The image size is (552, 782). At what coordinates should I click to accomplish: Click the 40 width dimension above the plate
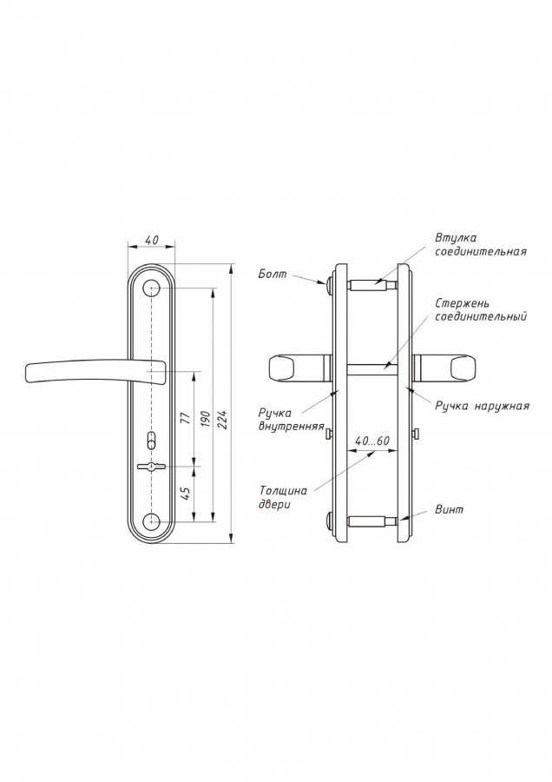(151, 240)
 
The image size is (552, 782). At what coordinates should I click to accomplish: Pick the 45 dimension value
(187, 494)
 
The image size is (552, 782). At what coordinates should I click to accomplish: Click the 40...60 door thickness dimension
(372, 441)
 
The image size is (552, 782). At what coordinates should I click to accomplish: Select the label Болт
(273, 275)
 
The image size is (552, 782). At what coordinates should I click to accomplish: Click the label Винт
(449, 509)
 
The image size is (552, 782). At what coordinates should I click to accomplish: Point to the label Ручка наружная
(483, 406)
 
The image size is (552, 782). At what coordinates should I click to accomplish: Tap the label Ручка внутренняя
(292, 420)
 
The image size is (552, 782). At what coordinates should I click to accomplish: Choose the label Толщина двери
(282, 497)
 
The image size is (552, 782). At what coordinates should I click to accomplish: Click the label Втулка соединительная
(480, 244)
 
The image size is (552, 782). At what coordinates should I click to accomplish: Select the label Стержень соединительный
(481, 309)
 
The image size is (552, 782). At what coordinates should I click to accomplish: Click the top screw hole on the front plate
(151, 288)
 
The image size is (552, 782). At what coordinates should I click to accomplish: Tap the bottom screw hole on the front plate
(151, 521)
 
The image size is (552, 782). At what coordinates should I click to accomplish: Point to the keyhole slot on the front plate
(151, 467)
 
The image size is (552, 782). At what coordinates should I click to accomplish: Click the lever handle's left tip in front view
(26, 374)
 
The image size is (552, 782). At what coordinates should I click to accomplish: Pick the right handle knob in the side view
(462, 369)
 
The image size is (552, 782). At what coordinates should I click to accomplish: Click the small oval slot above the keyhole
(151, 441)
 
